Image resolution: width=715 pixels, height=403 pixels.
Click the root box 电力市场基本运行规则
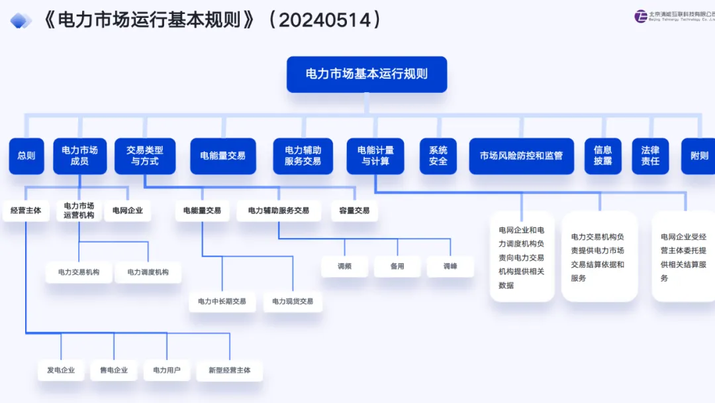pyautogui.click(x=366, y=74)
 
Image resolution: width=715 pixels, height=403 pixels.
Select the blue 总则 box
pyautogui.click(x=26, y=156)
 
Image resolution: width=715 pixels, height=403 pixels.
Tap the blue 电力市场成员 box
pyautogui.click(x=79, y=156)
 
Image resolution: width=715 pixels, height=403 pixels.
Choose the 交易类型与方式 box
pyautogui.click(x=145, y=156)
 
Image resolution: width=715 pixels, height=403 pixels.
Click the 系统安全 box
pyautogui.click(x=438, y=156)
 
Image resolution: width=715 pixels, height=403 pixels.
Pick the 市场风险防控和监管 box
pyautogui.click(x=521, y=156)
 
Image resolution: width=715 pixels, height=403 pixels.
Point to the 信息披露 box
pyautogui.click(x=602, y=156)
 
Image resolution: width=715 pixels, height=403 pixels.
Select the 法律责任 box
pyautogui.click(x=650, y=156)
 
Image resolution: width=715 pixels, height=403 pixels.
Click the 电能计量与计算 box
pyautogui.click(x=375, y=156)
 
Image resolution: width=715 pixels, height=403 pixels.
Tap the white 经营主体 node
pyautogui.click(x=26, y=211)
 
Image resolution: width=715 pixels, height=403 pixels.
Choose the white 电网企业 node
pyautogui.click(x=128, y=211)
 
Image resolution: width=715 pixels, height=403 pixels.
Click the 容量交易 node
pyautogui.click(x=354, y=211)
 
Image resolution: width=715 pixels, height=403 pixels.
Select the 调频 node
pyautogui.click(x=344, y=266)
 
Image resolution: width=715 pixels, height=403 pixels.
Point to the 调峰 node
pyautogui.click(x=450, y=266)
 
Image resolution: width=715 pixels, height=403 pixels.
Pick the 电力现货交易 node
pyautogui.click(x=293, y=302)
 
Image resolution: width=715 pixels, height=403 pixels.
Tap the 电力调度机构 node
pyautogui.click(x=148, y=272)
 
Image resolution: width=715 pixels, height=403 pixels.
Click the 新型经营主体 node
pyautogui.click(x=230, y=370)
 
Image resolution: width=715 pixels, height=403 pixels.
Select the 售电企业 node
pyautogui.click(x=114, y=370)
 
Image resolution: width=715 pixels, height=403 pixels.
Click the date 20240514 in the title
pyautogui.click(x=322, y=20)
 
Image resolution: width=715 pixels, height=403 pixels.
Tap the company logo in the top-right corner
pyautogui.click(x=640, y=17)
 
